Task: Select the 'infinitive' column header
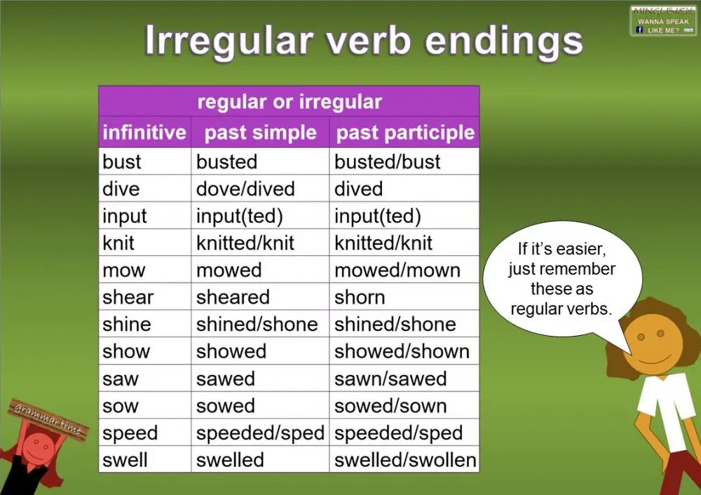point(144,133)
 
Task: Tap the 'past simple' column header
point(260,133)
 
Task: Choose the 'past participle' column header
point(405,133)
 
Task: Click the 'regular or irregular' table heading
point(289,102)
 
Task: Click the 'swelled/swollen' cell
point(405,460)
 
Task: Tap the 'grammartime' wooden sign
point(48,418)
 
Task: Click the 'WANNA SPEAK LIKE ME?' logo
point(662,21)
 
